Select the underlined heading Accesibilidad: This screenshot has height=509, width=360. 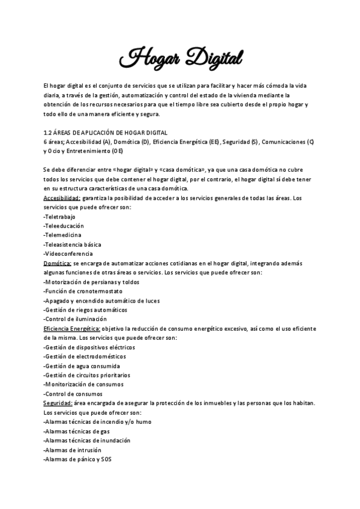pos(62,198)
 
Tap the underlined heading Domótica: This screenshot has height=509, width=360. pos(57,264)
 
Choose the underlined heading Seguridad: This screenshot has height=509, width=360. pos(58,403)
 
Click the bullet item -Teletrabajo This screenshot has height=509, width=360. pos(60,217)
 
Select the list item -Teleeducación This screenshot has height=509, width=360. pos(64,226)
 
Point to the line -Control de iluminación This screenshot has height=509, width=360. pos(75,319)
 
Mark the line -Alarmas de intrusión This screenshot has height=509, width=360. pos(73,450)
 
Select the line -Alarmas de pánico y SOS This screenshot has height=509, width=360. pos(77,459)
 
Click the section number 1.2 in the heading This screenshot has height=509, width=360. pos(48,132)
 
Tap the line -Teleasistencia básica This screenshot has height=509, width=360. pos(72,244)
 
